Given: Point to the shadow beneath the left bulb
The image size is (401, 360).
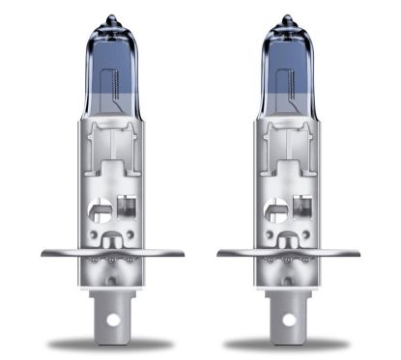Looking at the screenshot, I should tap(112, 344).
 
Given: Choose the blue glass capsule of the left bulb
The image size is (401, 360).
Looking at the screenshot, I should tap(112, 68).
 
